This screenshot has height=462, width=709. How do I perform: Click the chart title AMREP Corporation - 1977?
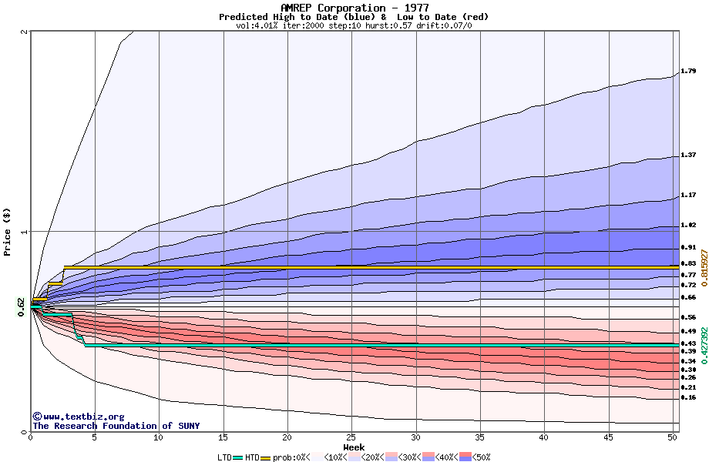[354, 8]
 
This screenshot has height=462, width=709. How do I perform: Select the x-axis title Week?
[354, 447]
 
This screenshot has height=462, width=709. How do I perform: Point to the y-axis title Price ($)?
[8, 232]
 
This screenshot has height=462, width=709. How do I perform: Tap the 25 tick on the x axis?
[351, 437]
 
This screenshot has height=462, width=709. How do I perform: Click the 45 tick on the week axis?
[609, 437]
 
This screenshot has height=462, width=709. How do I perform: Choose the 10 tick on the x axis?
[159, 437]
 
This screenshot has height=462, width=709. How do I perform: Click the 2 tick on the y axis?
[25, 32]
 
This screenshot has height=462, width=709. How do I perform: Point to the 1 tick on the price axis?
[25, 232]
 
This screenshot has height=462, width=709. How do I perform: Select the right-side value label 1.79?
[688, 72]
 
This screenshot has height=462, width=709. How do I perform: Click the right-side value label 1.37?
[688, 156]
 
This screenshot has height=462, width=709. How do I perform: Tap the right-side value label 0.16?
[688, 398]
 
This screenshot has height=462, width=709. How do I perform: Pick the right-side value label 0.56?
[688, 317]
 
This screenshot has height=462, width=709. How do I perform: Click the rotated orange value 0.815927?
[704, 267]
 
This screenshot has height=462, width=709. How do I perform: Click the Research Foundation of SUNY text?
[116, 426]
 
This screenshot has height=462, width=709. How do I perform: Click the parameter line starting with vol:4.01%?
[354, 25]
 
